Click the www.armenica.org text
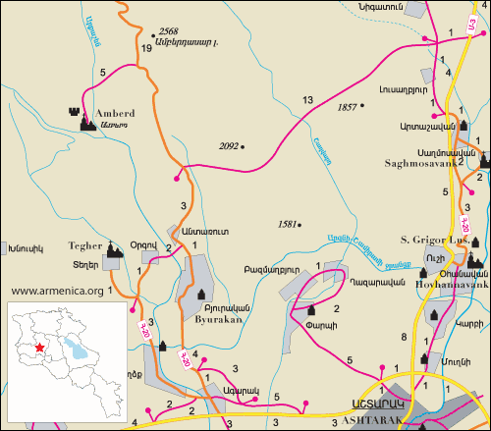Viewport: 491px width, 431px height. (57, 291)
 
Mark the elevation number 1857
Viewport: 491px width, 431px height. (347, 106)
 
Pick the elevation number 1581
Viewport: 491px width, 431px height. (288, 223)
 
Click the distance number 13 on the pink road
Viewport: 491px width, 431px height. (307, 100)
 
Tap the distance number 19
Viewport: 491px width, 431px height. (146, 47)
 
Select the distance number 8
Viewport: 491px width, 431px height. (404, 338)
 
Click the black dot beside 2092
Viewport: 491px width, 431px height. (243, 147)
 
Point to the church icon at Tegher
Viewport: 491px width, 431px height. (115, 250)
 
